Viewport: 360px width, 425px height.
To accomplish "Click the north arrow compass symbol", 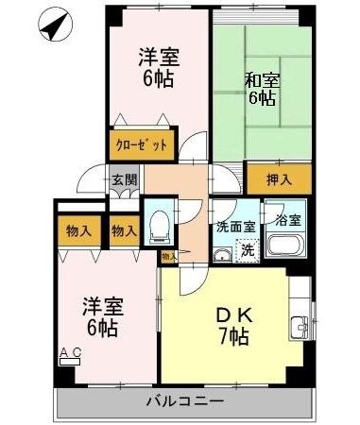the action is [x=56, y=24].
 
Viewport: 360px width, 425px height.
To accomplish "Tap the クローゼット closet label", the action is [x=142, y=145].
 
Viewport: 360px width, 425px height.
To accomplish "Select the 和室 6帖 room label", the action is [x=262, y=90].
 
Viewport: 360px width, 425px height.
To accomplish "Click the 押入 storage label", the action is [x=279, y=180].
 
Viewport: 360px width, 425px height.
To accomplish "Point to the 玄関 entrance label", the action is [x=125, y=180].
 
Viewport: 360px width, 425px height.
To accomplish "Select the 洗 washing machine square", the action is [x=248, y=251].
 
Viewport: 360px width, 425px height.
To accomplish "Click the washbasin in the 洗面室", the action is [x=223, y=254].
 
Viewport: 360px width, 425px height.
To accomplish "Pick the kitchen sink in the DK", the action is [x=300, y=328].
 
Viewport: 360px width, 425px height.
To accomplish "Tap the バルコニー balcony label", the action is [x=185, y=401].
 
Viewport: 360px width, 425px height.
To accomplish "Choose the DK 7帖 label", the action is [x=234, y=327].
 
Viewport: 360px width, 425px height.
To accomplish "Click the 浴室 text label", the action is [x=288, y=220].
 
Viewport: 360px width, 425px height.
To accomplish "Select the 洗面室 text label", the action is [x=236, y=227].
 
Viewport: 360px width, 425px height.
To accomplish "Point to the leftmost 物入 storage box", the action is [x=79, y=231].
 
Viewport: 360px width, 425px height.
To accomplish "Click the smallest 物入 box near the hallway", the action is [x=169, y=257].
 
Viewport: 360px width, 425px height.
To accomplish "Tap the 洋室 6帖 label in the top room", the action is [x=159, y=67].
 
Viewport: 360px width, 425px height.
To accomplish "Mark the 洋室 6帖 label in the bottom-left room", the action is [x=103, y=317].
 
